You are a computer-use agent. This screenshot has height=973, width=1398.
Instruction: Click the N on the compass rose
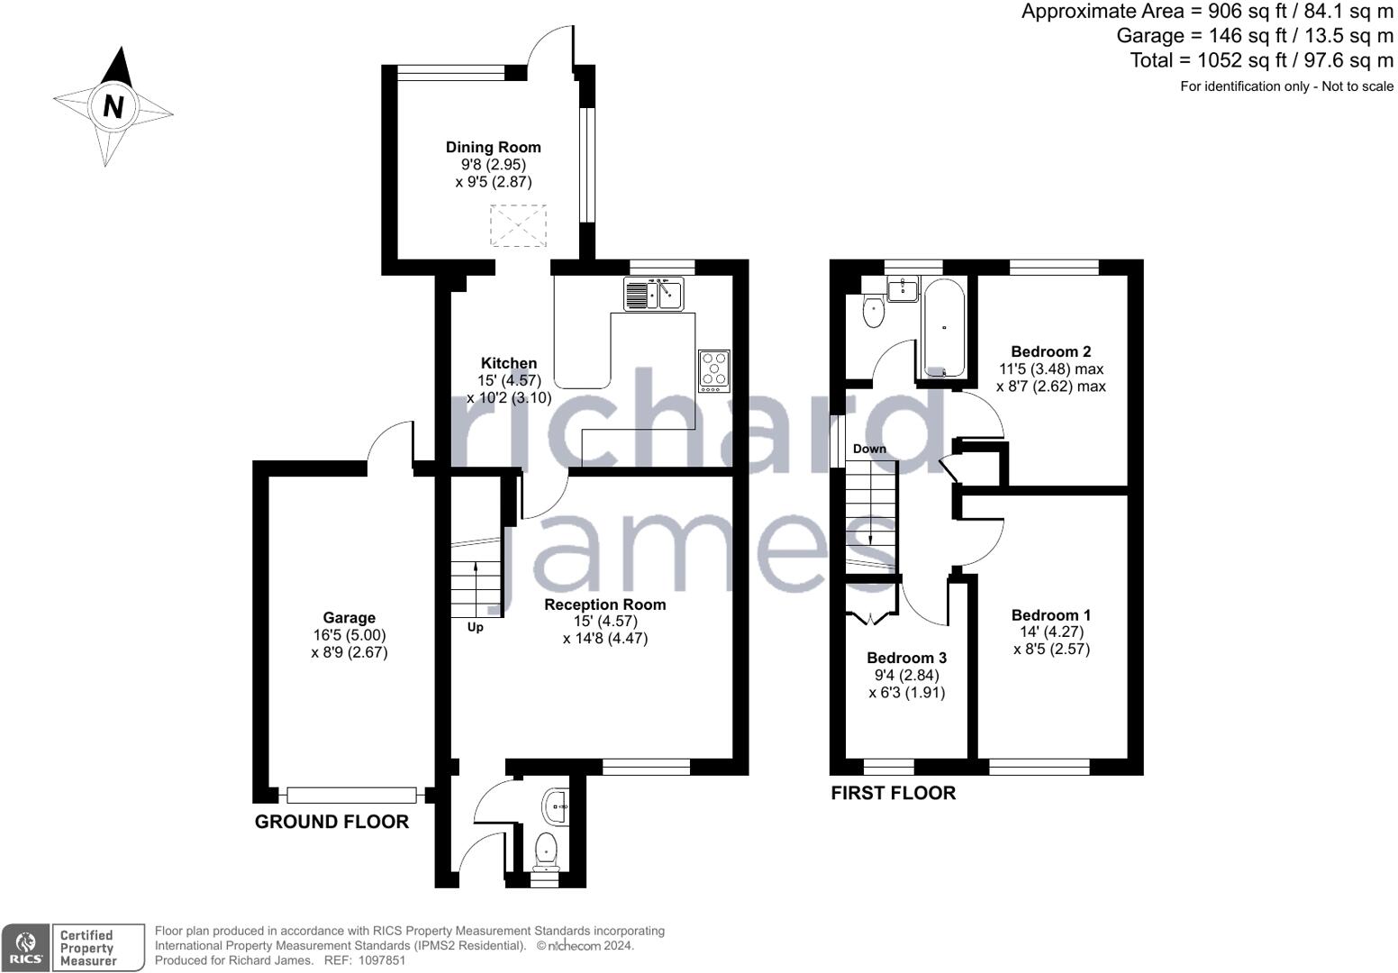113,106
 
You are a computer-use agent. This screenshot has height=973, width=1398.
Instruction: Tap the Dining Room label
493,147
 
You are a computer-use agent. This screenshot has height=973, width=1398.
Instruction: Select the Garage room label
349,618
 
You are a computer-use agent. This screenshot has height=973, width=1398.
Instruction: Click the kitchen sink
653,294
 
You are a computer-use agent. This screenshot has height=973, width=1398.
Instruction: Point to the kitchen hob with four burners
714,370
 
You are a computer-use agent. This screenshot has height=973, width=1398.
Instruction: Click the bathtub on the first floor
944,328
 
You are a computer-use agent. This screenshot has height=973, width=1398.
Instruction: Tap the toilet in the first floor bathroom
873,310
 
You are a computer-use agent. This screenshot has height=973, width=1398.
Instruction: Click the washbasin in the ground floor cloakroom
556,807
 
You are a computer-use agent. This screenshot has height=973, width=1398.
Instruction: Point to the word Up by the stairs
475,627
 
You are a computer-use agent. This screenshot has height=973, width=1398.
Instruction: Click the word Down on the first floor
869,449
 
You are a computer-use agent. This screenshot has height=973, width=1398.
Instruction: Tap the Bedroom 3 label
906,658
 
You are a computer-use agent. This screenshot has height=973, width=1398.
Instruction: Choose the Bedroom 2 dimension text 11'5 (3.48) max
1051,368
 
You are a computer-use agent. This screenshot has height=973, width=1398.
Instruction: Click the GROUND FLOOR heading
331,822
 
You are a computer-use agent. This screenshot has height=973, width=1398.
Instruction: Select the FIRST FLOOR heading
893,793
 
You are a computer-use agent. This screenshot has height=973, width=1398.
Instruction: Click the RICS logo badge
25,948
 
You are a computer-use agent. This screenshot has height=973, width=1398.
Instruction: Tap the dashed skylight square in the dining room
518,225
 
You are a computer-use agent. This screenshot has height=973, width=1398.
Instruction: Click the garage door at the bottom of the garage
351,796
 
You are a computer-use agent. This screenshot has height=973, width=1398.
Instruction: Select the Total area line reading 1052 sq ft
1262,60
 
